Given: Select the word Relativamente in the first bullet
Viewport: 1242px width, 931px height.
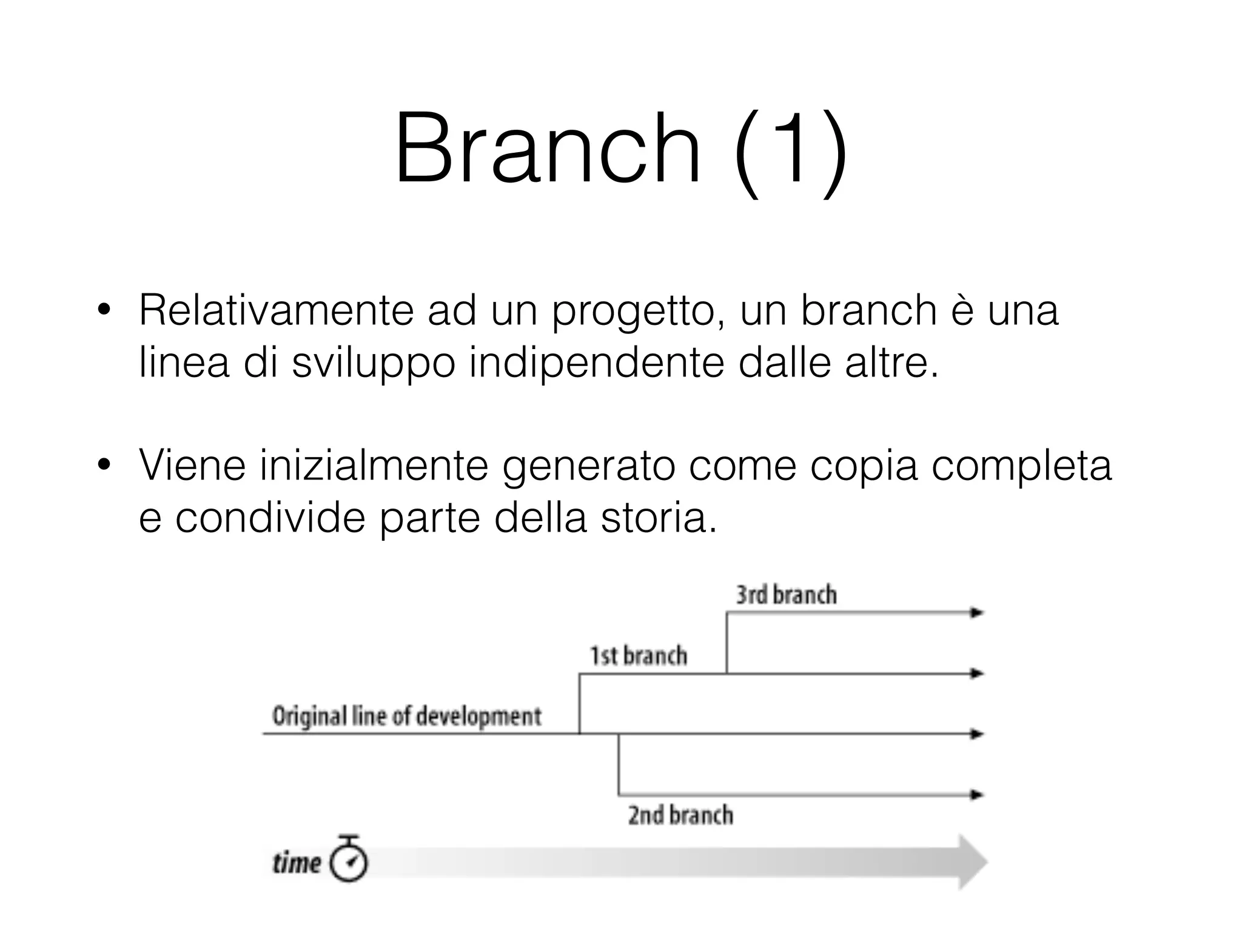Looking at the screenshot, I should point(276,310).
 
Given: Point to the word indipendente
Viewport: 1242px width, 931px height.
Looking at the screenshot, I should point(597,364).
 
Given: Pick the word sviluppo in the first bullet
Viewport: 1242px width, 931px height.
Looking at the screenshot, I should point(373,364).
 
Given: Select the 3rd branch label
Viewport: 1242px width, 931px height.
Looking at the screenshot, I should point(787,595).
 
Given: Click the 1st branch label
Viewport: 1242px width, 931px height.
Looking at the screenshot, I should point(639,656).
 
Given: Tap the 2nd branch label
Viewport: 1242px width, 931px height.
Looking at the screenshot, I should point(680,815).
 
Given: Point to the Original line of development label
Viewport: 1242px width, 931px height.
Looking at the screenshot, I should point(407,716).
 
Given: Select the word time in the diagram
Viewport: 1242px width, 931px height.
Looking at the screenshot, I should point(297,863).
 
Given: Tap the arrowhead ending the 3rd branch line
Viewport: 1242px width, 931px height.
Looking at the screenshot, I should point(976,613).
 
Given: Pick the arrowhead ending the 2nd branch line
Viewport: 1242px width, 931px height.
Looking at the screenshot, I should point(976,795).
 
